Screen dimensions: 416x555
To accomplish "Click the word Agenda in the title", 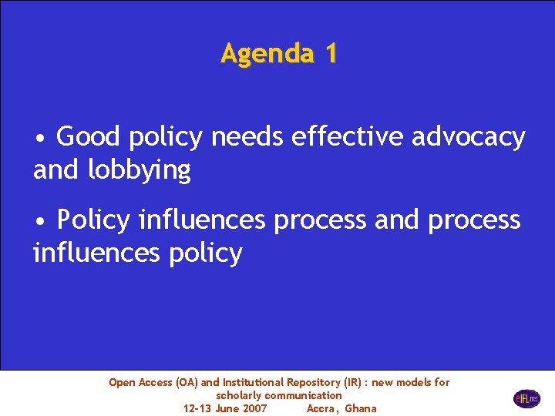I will coord(265,54).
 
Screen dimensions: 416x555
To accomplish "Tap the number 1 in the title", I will coord(331,54).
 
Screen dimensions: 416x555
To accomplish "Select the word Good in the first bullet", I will coord(89,137).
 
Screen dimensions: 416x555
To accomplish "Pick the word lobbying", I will coord(140,171).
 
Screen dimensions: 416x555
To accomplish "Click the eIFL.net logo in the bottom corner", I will coord(526,398).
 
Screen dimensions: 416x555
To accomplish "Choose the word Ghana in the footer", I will coord(361,408).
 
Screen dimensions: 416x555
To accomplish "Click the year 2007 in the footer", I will coord(254,408).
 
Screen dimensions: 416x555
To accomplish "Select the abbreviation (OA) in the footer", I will coord(187,383).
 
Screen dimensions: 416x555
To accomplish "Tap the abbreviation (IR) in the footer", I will coord(353,383).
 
